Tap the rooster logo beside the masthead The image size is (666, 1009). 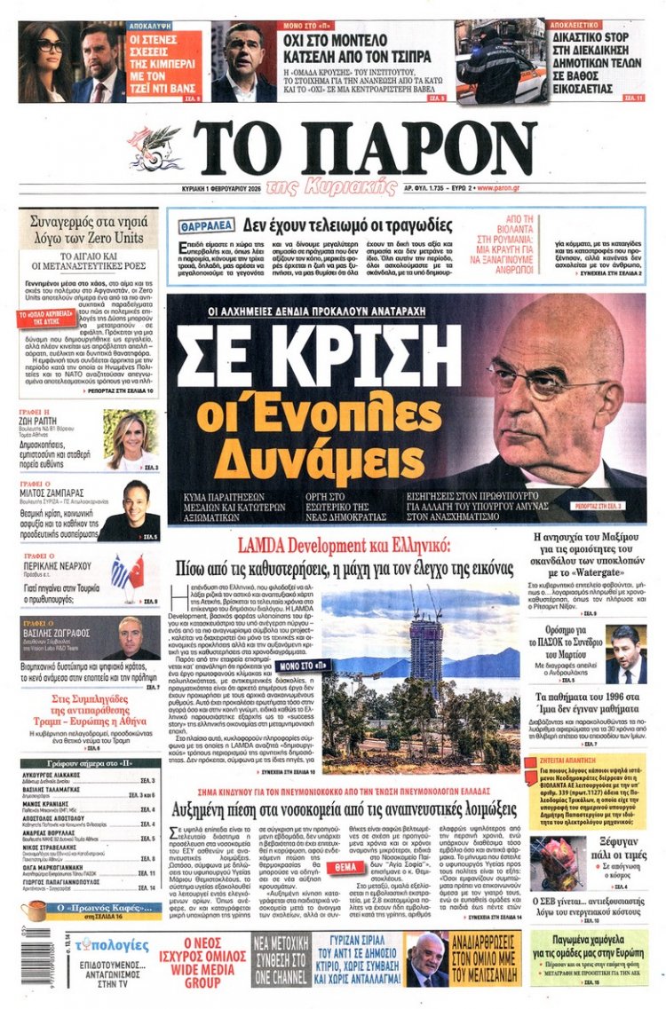pyautogui.click(x=155, y=146)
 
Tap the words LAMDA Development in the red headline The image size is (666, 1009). pyautogui.click(x=299, y=546)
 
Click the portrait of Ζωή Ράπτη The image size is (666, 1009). pyautogui.click(x=130, y=439)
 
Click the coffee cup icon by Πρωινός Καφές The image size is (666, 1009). pyautogui.click(x=35, y=910)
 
